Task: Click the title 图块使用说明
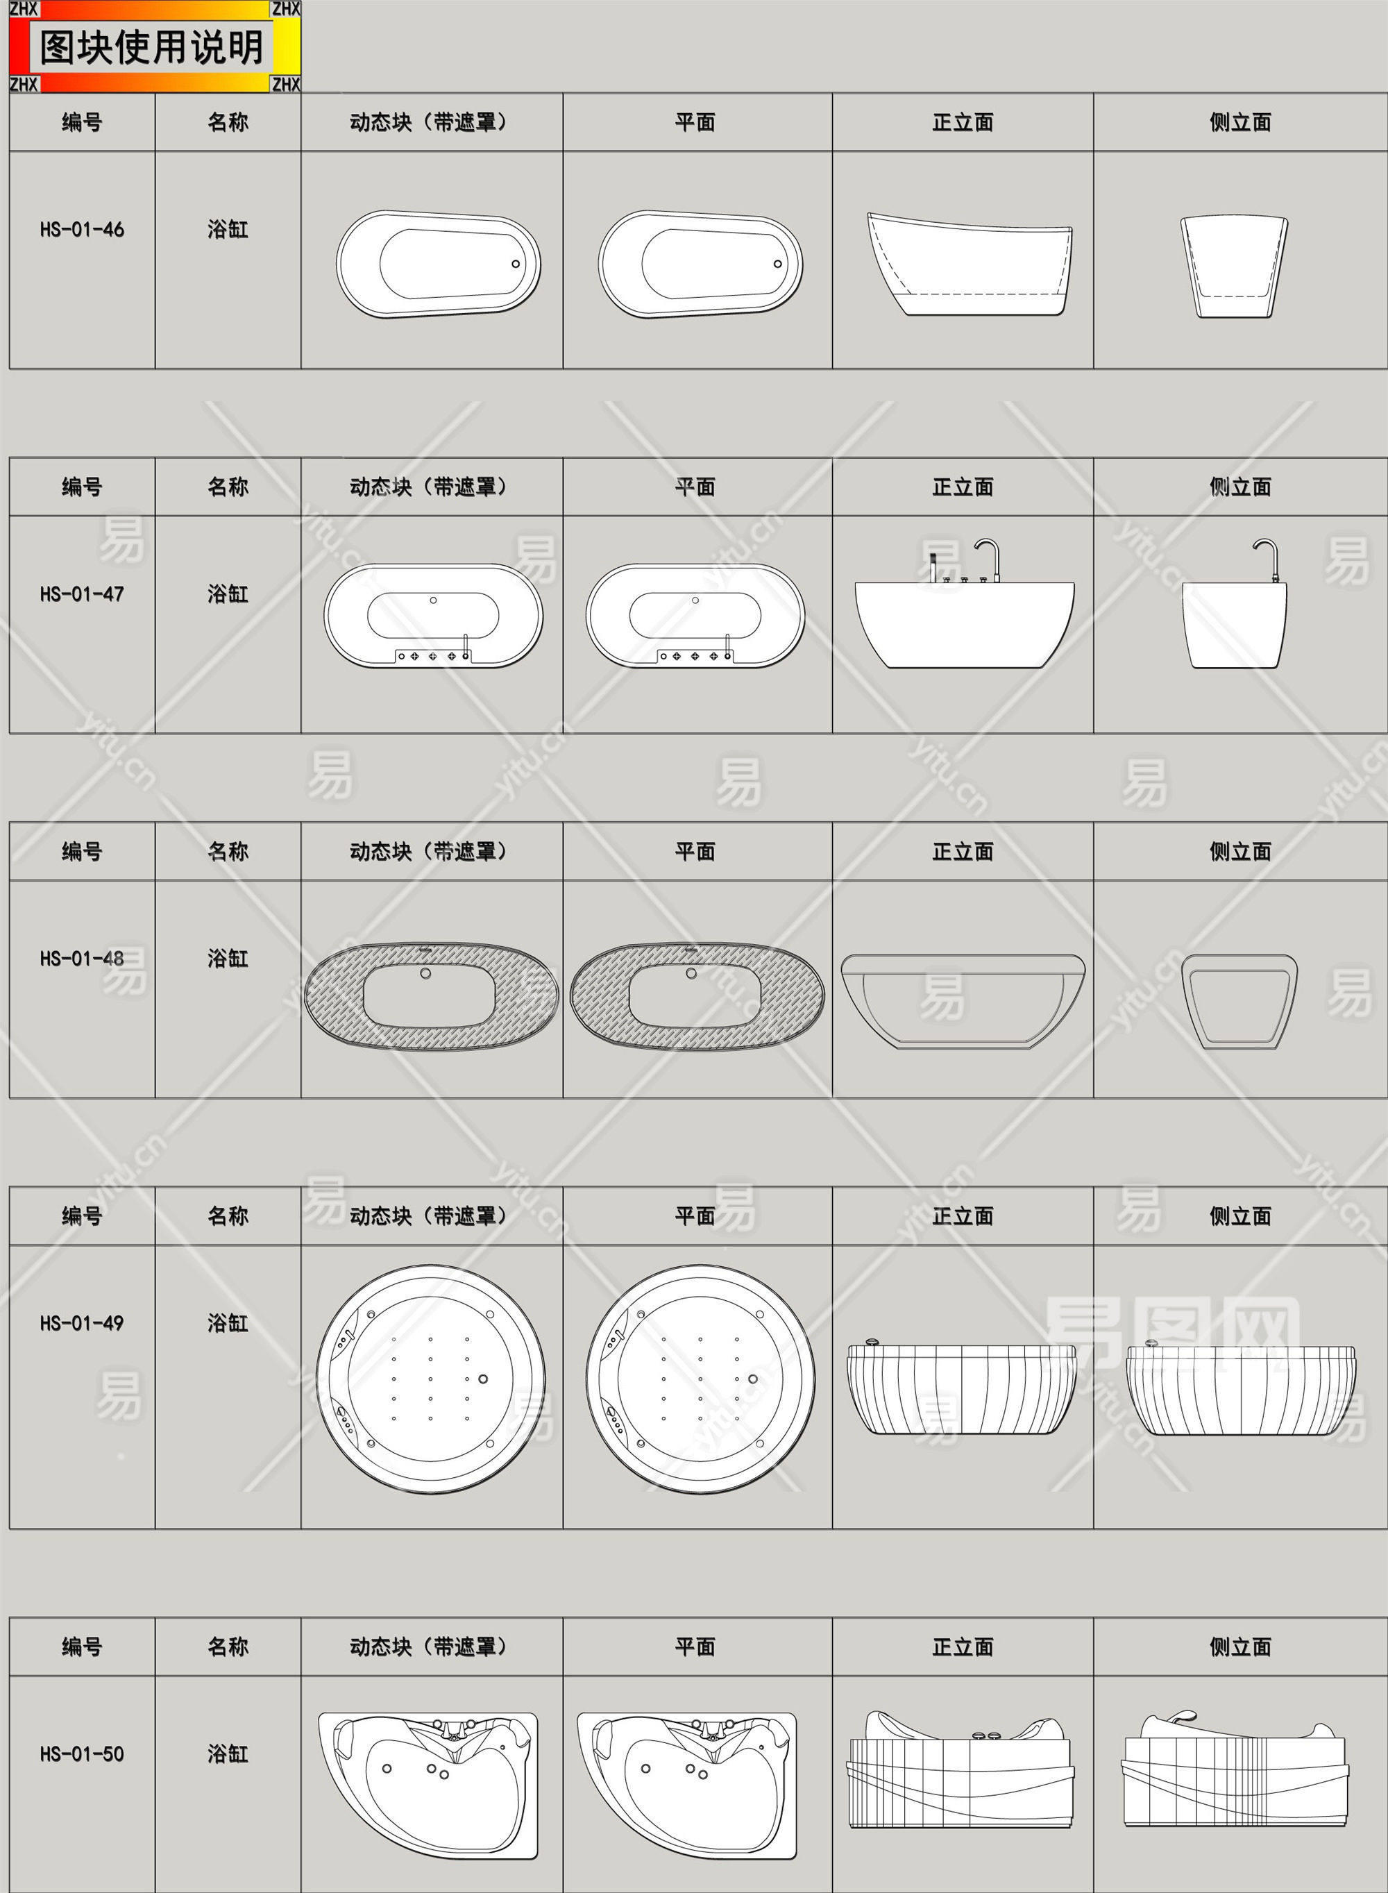pos(151,47)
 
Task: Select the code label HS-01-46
pos(81,229)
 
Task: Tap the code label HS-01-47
pos(81,594)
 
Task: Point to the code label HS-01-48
pos(81,959)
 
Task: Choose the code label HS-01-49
pos(81,1323)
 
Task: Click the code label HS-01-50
pos(81,1753)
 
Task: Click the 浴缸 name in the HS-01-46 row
pos(228,229)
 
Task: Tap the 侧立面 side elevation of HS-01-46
pos(1233,267)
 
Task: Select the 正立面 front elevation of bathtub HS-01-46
pos(970,264)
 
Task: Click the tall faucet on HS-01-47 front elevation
pos(989,559)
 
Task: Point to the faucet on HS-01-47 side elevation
pos(1267,560)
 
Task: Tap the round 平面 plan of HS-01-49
pos(700,1379)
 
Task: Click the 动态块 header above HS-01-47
pos(428,487)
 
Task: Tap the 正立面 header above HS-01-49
pos(963,1215)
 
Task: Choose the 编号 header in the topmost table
pos(81,122)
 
